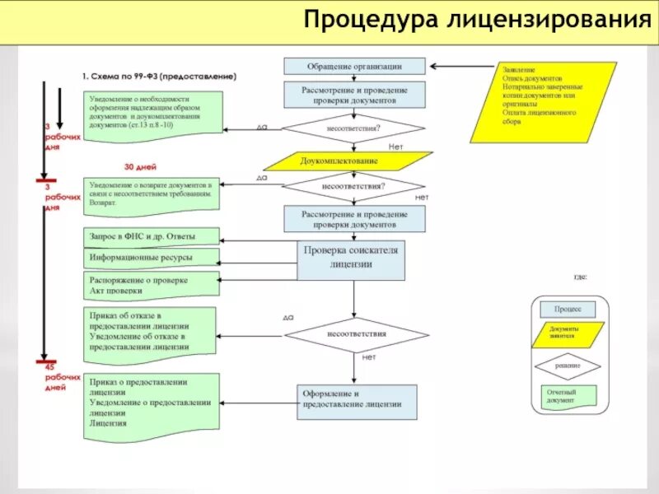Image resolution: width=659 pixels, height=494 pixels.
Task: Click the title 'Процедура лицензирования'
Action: click(x=475, y=21)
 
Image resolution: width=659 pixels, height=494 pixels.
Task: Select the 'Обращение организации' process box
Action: click(x=354, y=66)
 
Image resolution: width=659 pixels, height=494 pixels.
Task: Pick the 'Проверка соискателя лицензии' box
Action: click(x=353, y=258)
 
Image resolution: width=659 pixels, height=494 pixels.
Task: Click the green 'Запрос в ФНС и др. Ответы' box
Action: click(x=152, y=236)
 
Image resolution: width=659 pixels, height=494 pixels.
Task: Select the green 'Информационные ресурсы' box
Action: click(x=152, y=259)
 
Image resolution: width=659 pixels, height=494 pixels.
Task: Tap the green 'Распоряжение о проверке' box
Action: click(x=152, y=285)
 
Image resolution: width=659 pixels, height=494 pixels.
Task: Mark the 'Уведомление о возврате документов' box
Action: click(x=152, y=194)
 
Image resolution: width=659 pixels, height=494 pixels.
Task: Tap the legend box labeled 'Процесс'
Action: click(x=567, y=309)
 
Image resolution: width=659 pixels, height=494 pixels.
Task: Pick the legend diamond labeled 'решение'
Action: click(x=567, y=365)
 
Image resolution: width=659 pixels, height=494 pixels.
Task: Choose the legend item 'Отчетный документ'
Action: click(x=567, y=397)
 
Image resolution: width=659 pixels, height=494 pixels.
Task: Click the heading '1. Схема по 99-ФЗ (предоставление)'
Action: click(x=159, y=76)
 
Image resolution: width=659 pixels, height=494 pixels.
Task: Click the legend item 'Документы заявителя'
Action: click(x=567, y=333)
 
